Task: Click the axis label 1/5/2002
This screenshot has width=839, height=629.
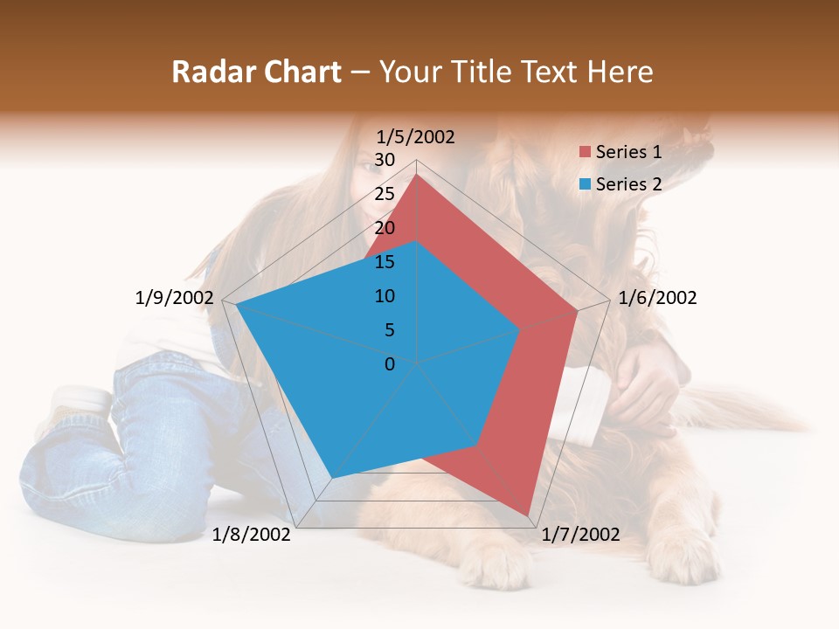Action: pos(416,136)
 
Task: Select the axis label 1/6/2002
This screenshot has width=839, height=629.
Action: pos(657,298)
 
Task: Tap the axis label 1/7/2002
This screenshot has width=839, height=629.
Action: pos(580,535)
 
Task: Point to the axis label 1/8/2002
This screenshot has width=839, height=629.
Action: pos(252,535)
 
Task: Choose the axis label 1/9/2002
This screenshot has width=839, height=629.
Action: pos(175,298)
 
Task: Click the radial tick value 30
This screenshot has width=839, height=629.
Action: pos(385,160)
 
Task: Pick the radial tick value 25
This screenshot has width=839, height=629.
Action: pos(385,194)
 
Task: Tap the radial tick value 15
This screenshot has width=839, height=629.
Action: pos(385,262)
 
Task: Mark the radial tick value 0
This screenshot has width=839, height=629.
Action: pos(390,364)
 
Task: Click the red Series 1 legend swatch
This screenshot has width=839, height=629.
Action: pos(585,153)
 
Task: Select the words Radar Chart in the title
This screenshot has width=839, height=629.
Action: pos(256,72)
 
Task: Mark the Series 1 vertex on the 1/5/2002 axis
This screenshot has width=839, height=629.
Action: pos(417,174)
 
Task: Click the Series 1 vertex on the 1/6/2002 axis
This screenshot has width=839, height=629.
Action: pos(578,310)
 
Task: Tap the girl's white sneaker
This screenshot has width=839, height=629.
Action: pos(80,400)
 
